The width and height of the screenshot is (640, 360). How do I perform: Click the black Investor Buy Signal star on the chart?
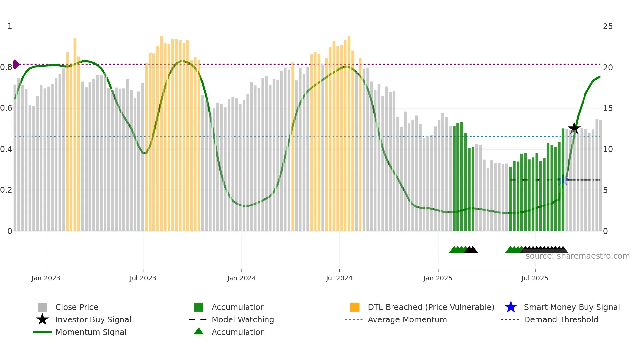coord(574,128)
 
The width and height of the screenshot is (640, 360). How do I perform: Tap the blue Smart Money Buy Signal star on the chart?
coord(563,180)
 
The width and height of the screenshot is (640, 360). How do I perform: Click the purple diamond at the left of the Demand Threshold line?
coord(16,64)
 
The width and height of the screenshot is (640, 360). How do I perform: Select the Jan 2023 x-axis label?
coord(46,278)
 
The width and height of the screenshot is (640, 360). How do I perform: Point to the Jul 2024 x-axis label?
coord(339,278)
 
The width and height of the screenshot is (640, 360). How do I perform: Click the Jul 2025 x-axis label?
coord(535,278)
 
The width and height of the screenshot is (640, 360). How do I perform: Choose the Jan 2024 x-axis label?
coord(241,278)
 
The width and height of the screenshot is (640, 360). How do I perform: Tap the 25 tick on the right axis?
coord(608,26)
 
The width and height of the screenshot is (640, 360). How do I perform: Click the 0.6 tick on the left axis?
coord(6,108)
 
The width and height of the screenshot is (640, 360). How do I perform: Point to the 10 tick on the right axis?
coord(608,149)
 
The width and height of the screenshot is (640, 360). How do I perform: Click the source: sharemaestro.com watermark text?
coord(577,256)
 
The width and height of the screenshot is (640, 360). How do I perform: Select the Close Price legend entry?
coord(77,307)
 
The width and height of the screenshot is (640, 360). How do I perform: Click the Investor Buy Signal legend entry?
coord(93,319)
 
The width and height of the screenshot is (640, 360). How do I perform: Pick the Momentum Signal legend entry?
coord(91,332)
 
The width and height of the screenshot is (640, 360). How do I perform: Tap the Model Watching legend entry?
coord(243,319)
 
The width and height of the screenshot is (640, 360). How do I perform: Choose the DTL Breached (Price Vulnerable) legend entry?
coord(431,307)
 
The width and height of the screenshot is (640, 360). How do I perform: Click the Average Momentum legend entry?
coord(407,319)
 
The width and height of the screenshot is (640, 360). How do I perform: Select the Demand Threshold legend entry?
coord(561,319)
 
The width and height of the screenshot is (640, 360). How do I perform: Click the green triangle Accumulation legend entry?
coord(238,332)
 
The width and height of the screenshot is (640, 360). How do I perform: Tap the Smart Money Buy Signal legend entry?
coord(571,307)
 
